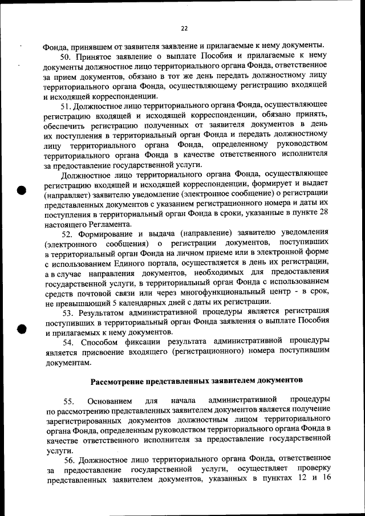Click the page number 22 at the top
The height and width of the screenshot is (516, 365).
(184, 28)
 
